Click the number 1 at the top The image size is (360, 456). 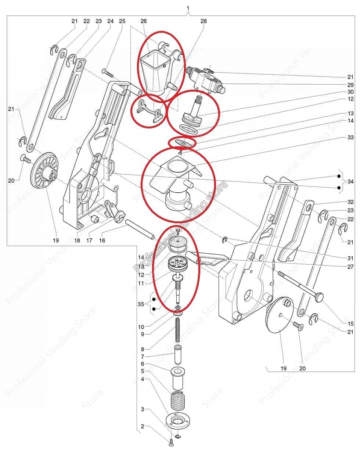[188, 8]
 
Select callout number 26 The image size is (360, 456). [144, 21]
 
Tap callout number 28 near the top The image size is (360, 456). [204, 21]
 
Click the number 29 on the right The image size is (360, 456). [350, 85]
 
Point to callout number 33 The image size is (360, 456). [350, 137]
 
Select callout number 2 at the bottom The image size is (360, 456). [143, 427]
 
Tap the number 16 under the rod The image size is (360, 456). [102, 241]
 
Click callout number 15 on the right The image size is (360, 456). [350, 324]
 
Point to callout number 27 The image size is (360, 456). [350, 267]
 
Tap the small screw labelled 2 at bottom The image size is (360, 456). [172, 443]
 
